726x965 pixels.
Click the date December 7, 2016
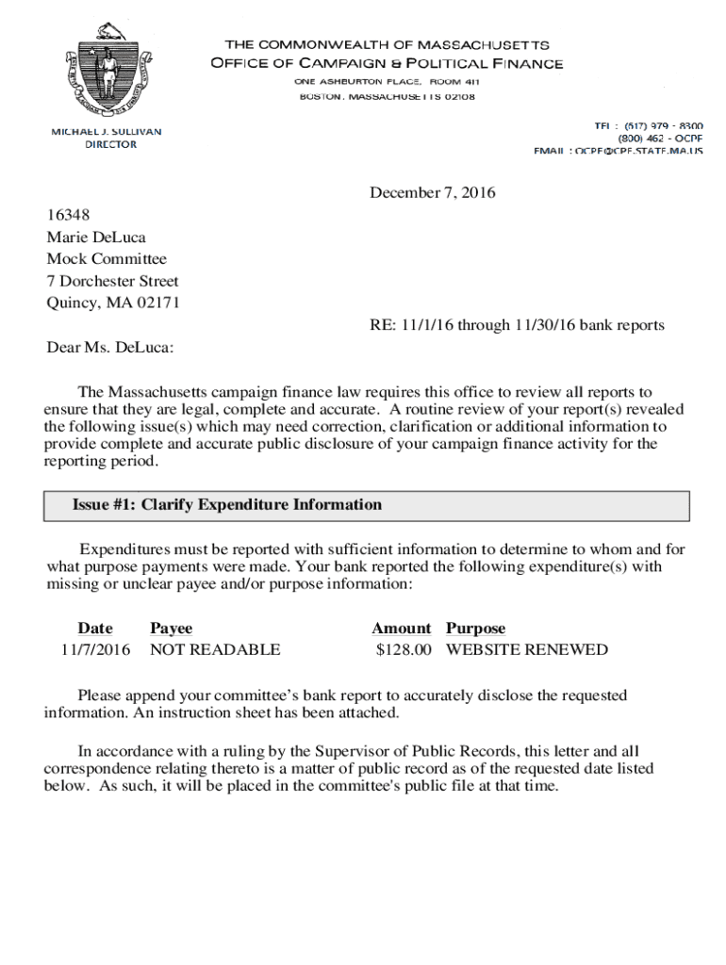(432, 193)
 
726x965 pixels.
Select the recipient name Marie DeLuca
(96, 237)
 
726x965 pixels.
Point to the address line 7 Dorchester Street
(112, 281)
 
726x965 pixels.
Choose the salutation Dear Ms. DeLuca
(110, 348)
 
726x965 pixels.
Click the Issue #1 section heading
(227, 505)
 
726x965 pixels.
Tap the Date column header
(95, 629)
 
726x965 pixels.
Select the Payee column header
(171, 629)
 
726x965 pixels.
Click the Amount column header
(401, 629)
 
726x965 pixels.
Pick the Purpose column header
(475, 629)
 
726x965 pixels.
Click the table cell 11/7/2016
(96, 650)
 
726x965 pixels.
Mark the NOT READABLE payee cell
(215, 650)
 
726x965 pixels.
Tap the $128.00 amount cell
(403, 650)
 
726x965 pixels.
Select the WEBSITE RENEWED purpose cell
(527, 650)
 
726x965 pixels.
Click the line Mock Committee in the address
(107, 259)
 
